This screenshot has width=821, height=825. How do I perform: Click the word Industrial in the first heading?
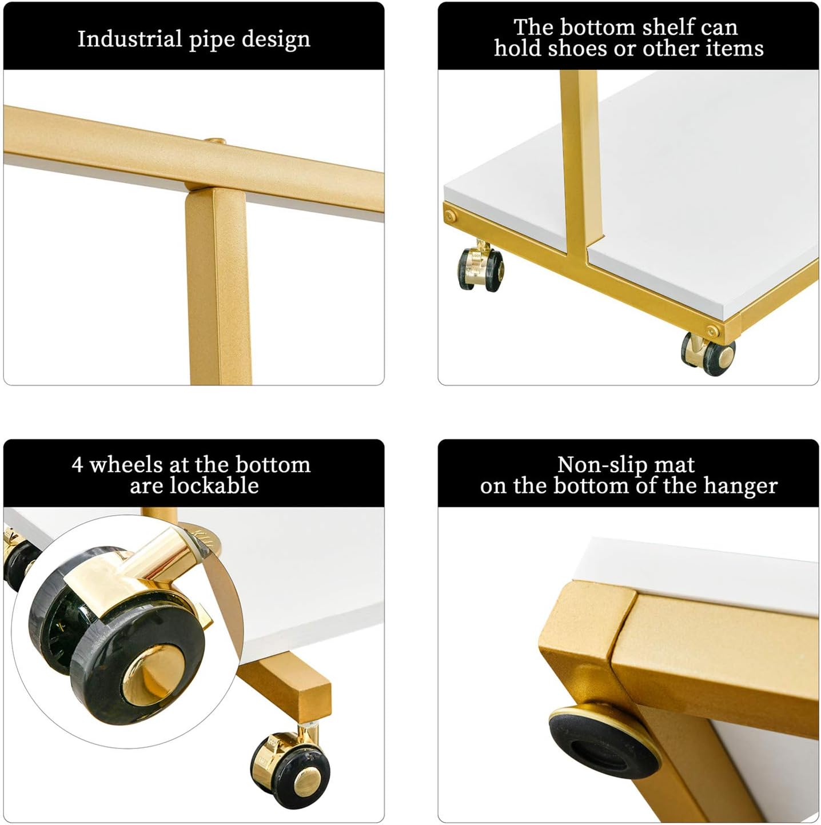(x=130, y=39)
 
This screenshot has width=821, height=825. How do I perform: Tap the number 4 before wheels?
(x=77, y=464)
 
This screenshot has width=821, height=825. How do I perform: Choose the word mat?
(x=673, y=465)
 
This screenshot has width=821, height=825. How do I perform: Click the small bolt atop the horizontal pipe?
(x=215, y=141)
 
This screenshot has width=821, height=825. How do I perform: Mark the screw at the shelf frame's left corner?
(x=450, y=216)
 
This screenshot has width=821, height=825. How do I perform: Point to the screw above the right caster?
(x=713, y=330)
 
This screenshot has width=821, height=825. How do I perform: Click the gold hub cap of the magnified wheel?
(x=153, y=675)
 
